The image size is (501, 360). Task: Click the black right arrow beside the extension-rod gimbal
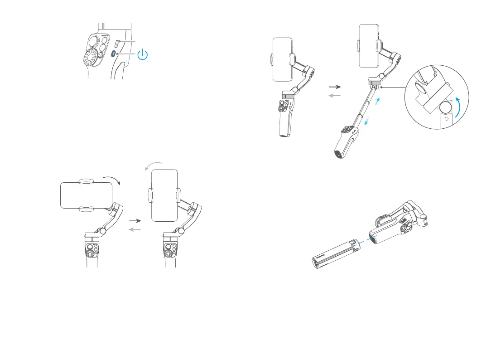334,86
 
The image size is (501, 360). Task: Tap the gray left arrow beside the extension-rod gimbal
334,95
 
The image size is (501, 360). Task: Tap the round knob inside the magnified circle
447,109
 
